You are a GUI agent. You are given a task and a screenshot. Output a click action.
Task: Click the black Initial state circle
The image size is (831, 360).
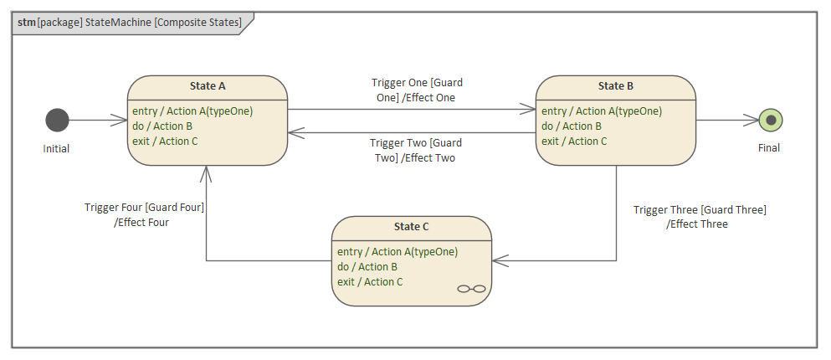tap(57, 121)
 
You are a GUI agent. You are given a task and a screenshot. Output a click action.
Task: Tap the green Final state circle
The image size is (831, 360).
tap(770, 121)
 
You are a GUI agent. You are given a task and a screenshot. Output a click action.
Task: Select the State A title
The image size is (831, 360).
tap(208, 85)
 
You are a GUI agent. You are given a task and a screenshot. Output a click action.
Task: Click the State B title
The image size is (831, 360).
tap(615, 85)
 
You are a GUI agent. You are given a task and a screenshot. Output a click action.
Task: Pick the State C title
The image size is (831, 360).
tap(411, 226)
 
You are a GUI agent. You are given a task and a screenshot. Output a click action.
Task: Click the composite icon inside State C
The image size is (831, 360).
tap(471, 289)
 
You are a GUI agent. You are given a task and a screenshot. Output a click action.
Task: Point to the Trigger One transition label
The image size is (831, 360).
tap(417, 90)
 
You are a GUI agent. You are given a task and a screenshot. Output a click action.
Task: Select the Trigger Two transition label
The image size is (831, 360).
tap(416, 150)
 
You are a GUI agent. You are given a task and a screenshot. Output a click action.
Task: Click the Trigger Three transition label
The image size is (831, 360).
tap(699, 217)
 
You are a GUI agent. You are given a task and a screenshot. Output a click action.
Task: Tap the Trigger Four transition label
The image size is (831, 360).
tap(144, 215)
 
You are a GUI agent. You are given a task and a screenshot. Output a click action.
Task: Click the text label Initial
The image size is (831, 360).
tap(57, 149)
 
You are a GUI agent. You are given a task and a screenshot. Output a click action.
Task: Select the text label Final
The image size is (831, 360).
tap(768, 148)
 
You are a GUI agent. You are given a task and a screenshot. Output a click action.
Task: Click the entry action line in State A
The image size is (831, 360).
tap(192, 111)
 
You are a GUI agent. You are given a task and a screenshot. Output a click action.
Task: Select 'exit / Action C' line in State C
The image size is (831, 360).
tap(370, 281)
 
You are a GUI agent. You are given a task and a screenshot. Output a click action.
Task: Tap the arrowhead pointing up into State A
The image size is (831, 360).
tap(206, 172)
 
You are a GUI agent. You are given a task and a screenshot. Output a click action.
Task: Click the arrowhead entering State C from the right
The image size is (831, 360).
tap(500, 260)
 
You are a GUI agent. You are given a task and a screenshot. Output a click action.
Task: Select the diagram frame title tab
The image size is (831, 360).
tap(131, 23)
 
